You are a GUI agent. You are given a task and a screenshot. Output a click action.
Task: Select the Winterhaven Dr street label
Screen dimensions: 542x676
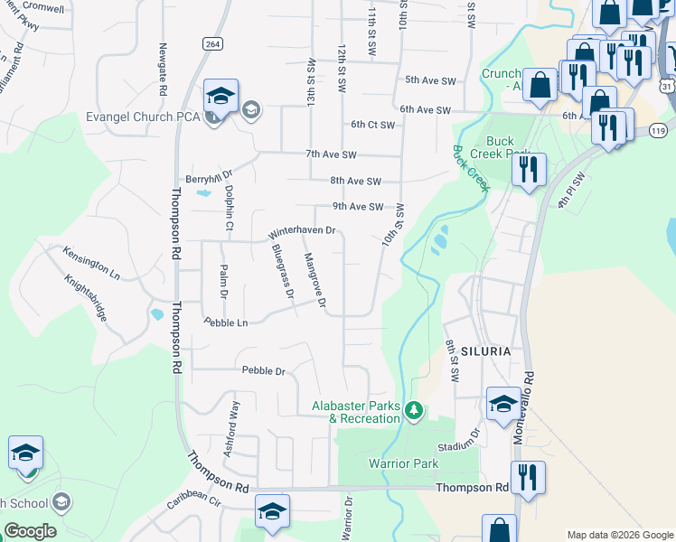coord(302,234)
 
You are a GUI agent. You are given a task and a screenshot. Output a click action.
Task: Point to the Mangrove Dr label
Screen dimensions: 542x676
coord(315,279)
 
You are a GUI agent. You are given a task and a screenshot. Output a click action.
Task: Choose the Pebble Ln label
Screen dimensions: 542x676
coord(225,322)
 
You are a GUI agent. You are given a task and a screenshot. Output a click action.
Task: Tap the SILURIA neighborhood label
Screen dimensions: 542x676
coord(485,350)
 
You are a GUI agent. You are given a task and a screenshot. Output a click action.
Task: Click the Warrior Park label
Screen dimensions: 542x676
coord(403,463)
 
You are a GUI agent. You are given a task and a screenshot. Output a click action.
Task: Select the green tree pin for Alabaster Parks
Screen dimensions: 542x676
coord(414,411)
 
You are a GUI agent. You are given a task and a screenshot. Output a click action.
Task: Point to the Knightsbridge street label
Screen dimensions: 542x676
coord(86,299)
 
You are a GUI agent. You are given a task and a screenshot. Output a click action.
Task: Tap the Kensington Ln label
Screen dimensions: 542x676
coord(90,262)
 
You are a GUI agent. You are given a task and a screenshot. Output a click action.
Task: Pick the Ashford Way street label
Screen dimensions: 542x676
coord(233,428)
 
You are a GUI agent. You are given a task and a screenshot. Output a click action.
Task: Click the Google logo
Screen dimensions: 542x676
coord(30,531)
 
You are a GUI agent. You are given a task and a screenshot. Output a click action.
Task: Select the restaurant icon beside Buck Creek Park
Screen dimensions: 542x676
coord(529,169)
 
